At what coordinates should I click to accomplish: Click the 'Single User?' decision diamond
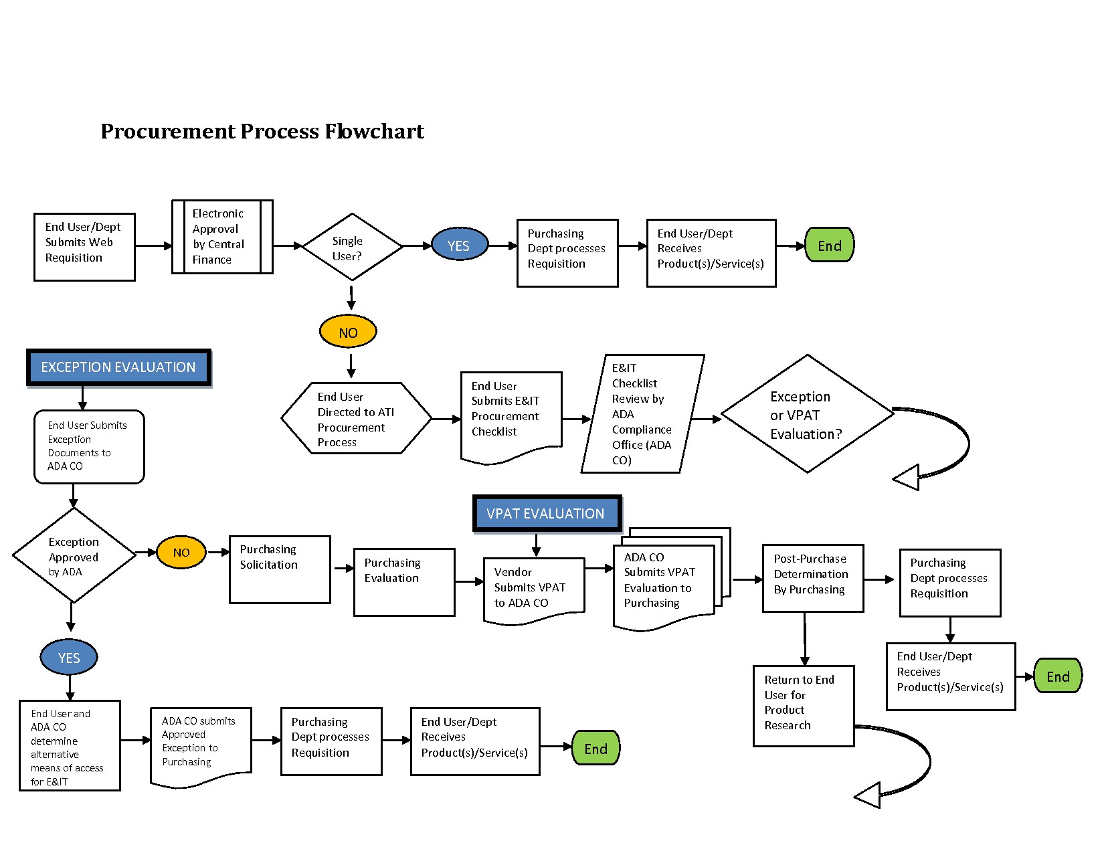tap(352, 247)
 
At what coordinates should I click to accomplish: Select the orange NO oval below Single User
tap(348, 332)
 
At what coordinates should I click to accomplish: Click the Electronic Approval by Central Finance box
tap(223, 237)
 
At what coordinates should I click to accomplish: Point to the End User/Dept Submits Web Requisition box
tap(84, 247)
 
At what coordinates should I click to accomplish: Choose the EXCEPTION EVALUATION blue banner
tap(118, 367)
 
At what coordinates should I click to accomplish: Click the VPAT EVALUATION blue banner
tap(547, 513)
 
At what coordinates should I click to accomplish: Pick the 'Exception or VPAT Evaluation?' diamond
tap(808, 414)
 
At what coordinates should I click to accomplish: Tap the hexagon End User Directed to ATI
tap(357, 418)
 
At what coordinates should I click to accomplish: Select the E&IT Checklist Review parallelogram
tap(643, 413)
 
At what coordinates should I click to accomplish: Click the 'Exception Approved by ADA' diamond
tap(74, 555)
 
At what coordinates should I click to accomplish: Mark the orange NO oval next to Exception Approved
tap(181, 552)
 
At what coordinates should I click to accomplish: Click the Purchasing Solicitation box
tap(280, 569)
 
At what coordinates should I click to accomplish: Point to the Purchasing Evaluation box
tap(404, 582)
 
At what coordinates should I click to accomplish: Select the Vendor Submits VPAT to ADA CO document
tap(534, 591)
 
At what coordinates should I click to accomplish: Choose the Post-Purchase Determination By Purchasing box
tap(813, 578)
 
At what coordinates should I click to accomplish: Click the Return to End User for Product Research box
tap(804, 706)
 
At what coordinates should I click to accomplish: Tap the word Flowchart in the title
tap(375, 131)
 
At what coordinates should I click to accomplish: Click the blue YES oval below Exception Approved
tap(69, 657)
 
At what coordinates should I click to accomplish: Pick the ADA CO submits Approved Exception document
tap(201, 747)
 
